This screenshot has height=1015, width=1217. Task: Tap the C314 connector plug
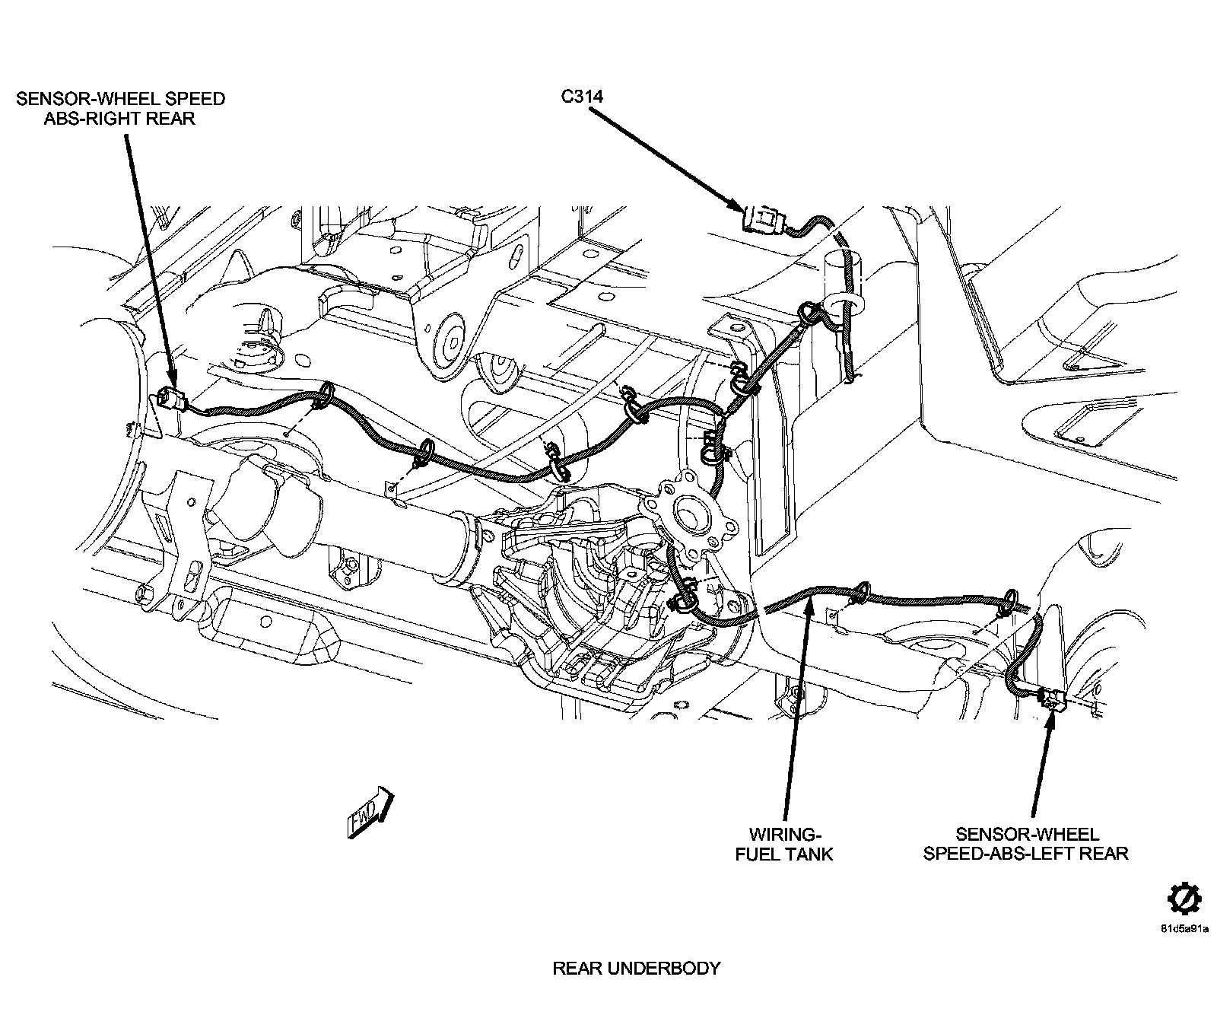click(761, 221)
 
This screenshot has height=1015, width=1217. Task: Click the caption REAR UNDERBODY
click(636, 969)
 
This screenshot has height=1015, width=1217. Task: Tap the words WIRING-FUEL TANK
click(783, 844)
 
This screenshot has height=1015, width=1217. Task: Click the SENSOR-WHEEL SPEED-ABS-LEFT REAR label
click(1026, 844)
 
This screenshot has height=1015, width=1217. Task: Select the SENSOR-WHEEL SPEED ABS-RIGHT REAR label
click(120, 108)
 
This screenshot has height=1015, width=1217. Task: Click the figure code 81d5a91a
click(1184, 929)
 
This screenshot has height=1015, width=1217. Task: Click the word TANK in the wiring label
click(808, 854)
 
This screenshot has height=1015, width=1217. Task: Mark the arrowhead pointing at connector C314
click(736, 205)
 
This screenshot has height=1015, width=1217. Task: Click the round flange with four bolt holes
click(691, 517)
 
